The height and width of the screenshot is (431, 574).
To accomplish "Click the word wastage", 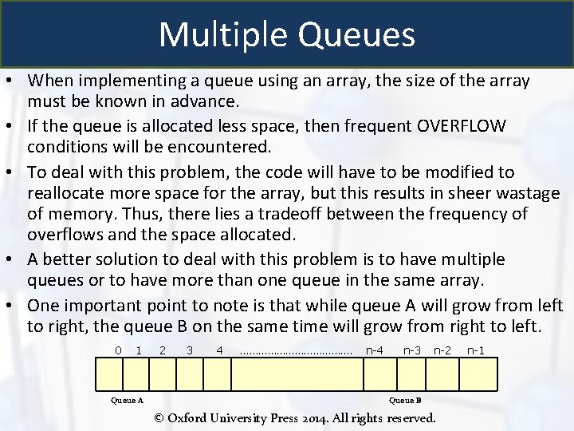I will point(529,194).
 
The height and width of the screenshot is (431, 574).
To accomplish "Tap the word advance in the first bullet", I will point(197,102).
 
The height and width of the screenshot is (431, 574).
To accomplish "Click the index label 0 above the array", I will point(118,350).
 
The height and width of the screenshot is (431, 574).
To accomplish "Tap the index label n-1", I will point(476,350).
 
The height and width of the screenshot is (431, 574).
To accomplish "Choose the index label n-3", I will point(412,350).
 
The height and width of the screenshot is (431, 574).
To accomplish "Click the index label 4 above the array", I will point(219,350).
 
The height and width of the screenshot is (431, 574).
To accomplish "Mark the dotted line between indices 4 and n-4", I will point(295,351).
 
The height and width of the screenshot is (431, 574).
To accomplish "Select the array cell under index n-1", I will point(481,373).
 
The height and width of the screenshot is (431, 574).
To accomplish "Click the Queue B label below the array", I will point(405,401).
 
